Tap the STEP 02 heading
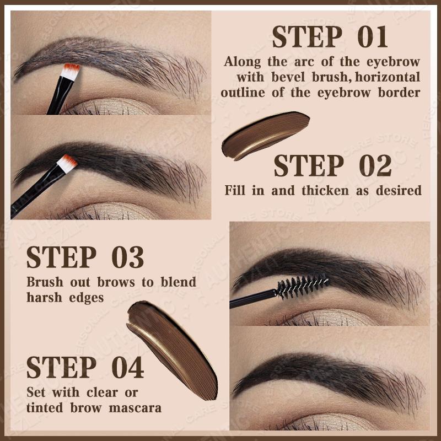coord(332,166)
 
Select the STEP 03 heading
coord(85,257)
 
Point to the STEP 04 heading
coord(85,368)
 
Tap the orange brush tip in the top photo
coord(72,71)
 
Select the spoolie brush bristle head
coord(303,286)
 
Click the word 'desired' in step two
coord(400,191)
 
